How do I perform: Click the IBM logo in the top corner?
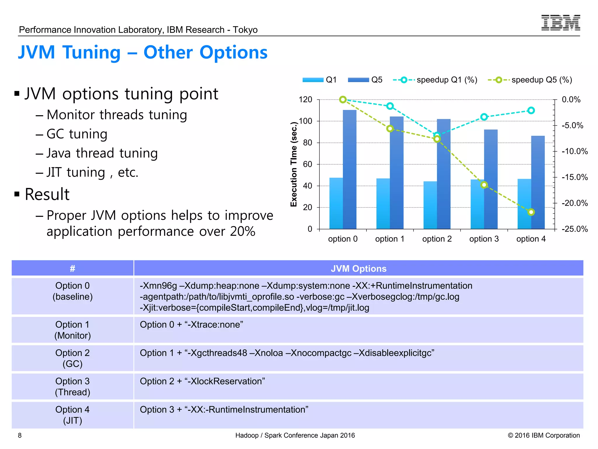560,23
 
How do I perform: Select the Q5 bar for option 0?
350,170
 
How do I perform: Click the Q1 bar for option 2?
430,205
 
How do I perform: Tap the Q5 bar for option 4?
538,183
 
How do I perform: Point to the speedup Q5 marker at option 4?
531,212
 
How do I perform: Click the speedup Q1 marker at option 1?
390,106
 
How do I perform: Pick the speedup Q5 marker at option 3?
484,185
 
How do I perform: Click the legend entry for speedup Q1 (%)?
435,80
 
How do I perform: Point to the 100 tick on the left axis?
305,121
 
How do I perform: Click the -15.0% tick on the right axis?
574,177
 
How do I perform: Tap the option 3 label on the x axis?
484,239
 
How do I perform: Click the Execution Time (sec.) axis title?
294,165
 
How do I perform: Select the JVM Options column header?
358,268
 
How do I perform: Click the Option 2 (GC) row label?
72,358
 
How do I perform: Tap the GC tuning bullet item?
77,134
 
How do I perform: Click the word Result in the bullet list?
47,194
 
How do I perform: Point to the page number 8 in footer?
20,435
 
